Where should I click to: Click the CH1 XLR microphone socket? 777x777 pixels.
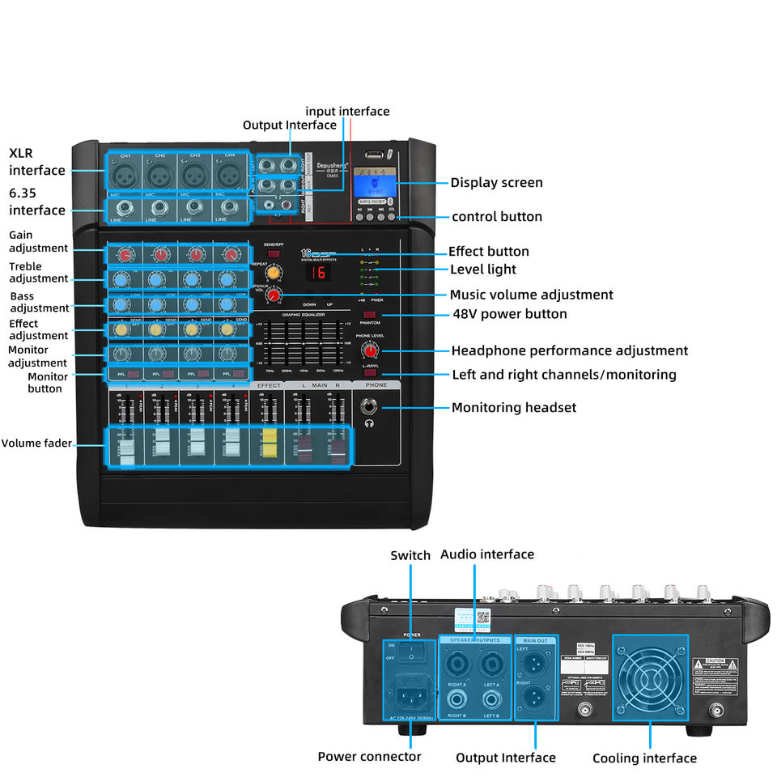click(125, 173)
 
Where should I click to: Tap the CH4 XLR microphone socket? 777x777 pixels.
click(230, 173)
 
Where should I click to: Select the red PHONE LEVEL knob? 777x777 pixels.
click(371, 350)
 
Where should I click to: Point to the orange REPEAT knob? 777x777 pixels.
click(274, 273)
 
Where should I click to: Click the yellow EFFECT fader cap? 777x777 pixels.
click(267, 444)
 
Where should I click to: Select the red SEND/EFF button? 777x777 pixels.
click(274, 254)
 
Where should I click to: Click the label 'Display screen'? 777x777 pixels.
click(496, 183)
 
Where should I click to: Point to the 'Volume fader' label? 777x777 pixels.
click(36, 444)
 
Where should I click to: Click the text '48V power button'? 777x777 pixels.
click(509, 314)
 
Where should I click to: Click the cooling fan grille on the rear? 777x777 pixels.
click(650, 678)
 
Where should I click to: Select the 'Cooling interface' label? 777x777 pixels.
click(644, 758)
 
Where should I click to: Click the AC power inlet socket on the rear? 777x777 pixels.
click(410, 692)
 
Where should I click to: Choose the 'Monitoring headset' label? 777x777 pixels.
click(513, 408)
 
